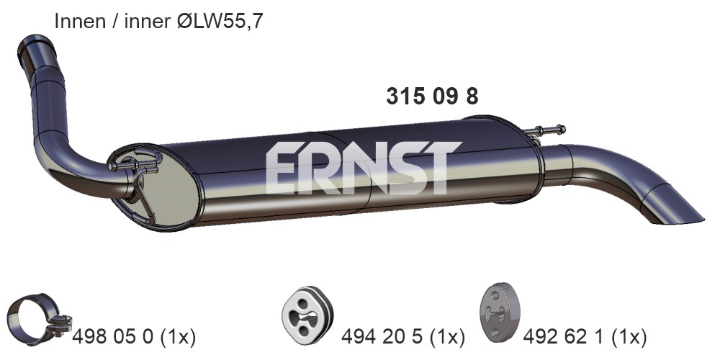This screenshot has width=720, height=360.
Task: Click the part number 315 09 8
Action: pyautogui.click(x=432, y=96)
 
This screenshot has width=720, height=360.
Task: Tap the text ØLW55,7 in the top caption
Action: pyautogui.click(x=220, y=21)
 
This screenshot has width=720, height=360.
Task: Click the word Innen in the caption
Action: pyautogui.click(x=80, y=21)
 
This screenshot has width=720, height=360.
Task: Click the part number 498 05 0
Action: pyautogui.click(x=113, y=337)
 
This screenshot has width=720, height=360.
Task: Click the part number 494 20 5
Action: pyautogui.click(x=382, y=337)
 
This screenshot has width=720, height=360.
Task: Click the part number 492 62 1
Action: pyautogui.click(x=564, y=337)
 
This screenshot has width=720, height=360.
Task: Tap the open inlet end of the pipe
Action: pyautogui.click(x=35, y=45)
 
